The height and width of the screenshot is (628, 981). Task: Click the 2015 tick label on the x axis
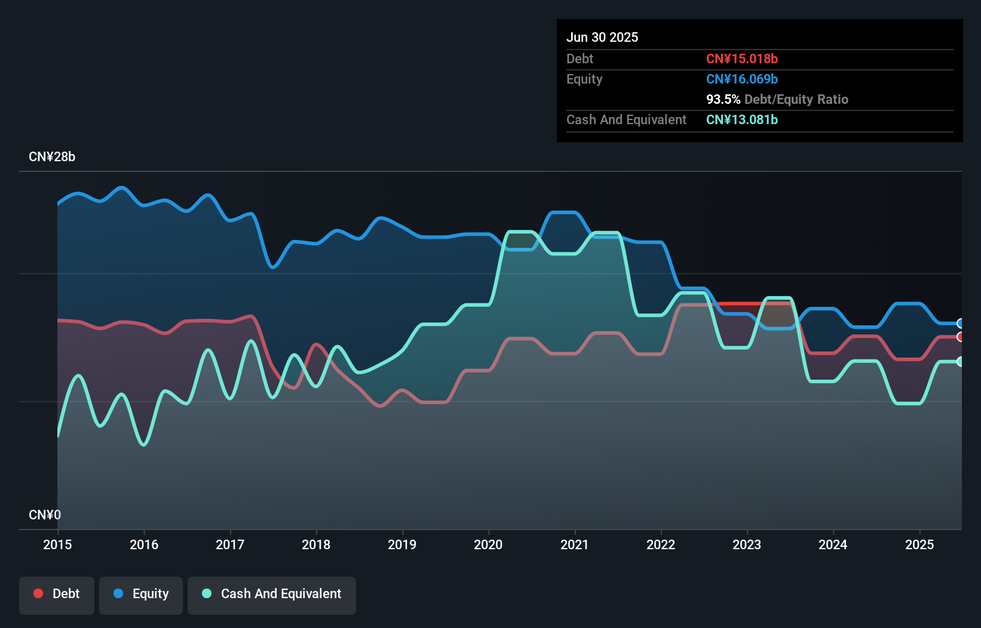click(57, 544)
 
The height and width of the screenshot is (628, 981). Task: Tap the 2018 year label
click(316, 544)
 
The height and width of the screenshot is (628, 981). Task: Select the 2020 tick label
click(488, 544)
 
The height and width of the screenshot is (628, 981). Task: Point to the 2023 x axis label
click(747, 544)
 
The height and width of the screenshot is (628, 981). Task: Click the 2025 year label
click(919, 544)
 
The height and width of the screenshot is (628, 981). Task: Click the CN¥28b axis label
click(52, 157)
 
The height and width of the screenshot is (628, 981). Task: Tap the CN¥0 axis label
click(45, 515)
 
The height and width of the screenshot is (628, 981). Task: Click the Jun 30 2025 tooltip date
click(602, 37)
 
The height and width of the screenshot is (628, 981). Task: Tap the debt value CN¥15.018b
click(741, 59)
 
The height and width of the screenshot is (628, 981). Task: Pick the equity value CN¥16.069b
click(741, 79)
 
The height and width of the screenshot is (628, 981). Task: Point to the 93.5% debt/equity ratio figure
click(723, 99)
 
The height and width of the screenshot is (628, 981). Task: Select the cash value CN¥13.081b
click(741, 119)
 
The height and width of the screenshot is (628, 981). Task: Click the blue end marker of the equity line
click(960, 324)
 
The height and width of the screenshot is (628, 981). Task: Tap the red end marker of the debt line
click(960, 337)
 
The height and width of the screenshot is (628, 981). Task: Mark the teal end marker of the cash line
click(960, 361)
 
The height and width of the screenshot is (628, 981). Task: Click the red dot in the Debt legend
click(38, 593)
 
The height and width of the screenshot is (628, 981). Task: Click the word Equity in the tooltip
click(584, 79)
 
